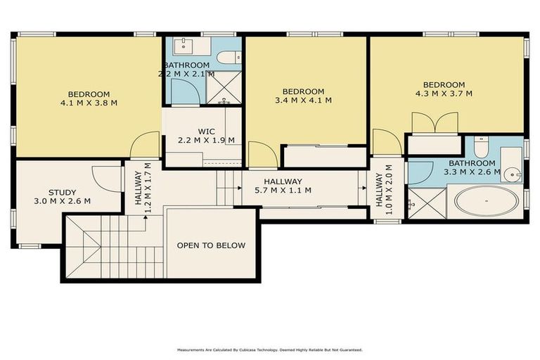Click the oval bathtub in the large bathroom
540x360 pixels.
click(486, 201)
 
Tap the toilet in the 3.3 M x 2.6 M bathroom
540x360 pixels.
click(481, 147)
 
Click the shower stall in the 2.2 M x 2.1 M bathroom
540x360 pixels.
click(224, 89)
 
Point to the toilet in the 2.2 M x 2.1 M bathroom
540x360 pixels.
click(228, 58)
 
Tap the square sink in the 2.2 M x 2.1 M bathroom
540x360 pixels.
click(184, 46)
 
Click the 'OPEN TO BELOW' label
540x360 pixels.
click(211, 245)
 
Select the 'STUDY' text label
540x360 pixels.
click(62, 192)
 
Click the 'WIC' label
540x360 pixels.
click(206, 131)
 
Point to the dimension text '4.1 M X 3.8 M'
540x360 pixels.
click(89, 103)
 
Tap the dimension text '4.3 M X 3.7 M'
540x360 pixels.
click(444, 94)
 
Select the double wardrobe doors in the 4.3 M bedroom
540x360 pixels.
click(435, 123)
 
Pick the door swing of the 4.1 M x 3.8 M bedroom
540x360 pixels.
click(146, 146)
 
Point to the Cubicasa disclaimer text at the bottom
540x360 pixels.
click(269, 349)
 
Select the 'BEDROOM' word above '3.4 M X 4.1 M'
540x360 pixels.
click(303, 91)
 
